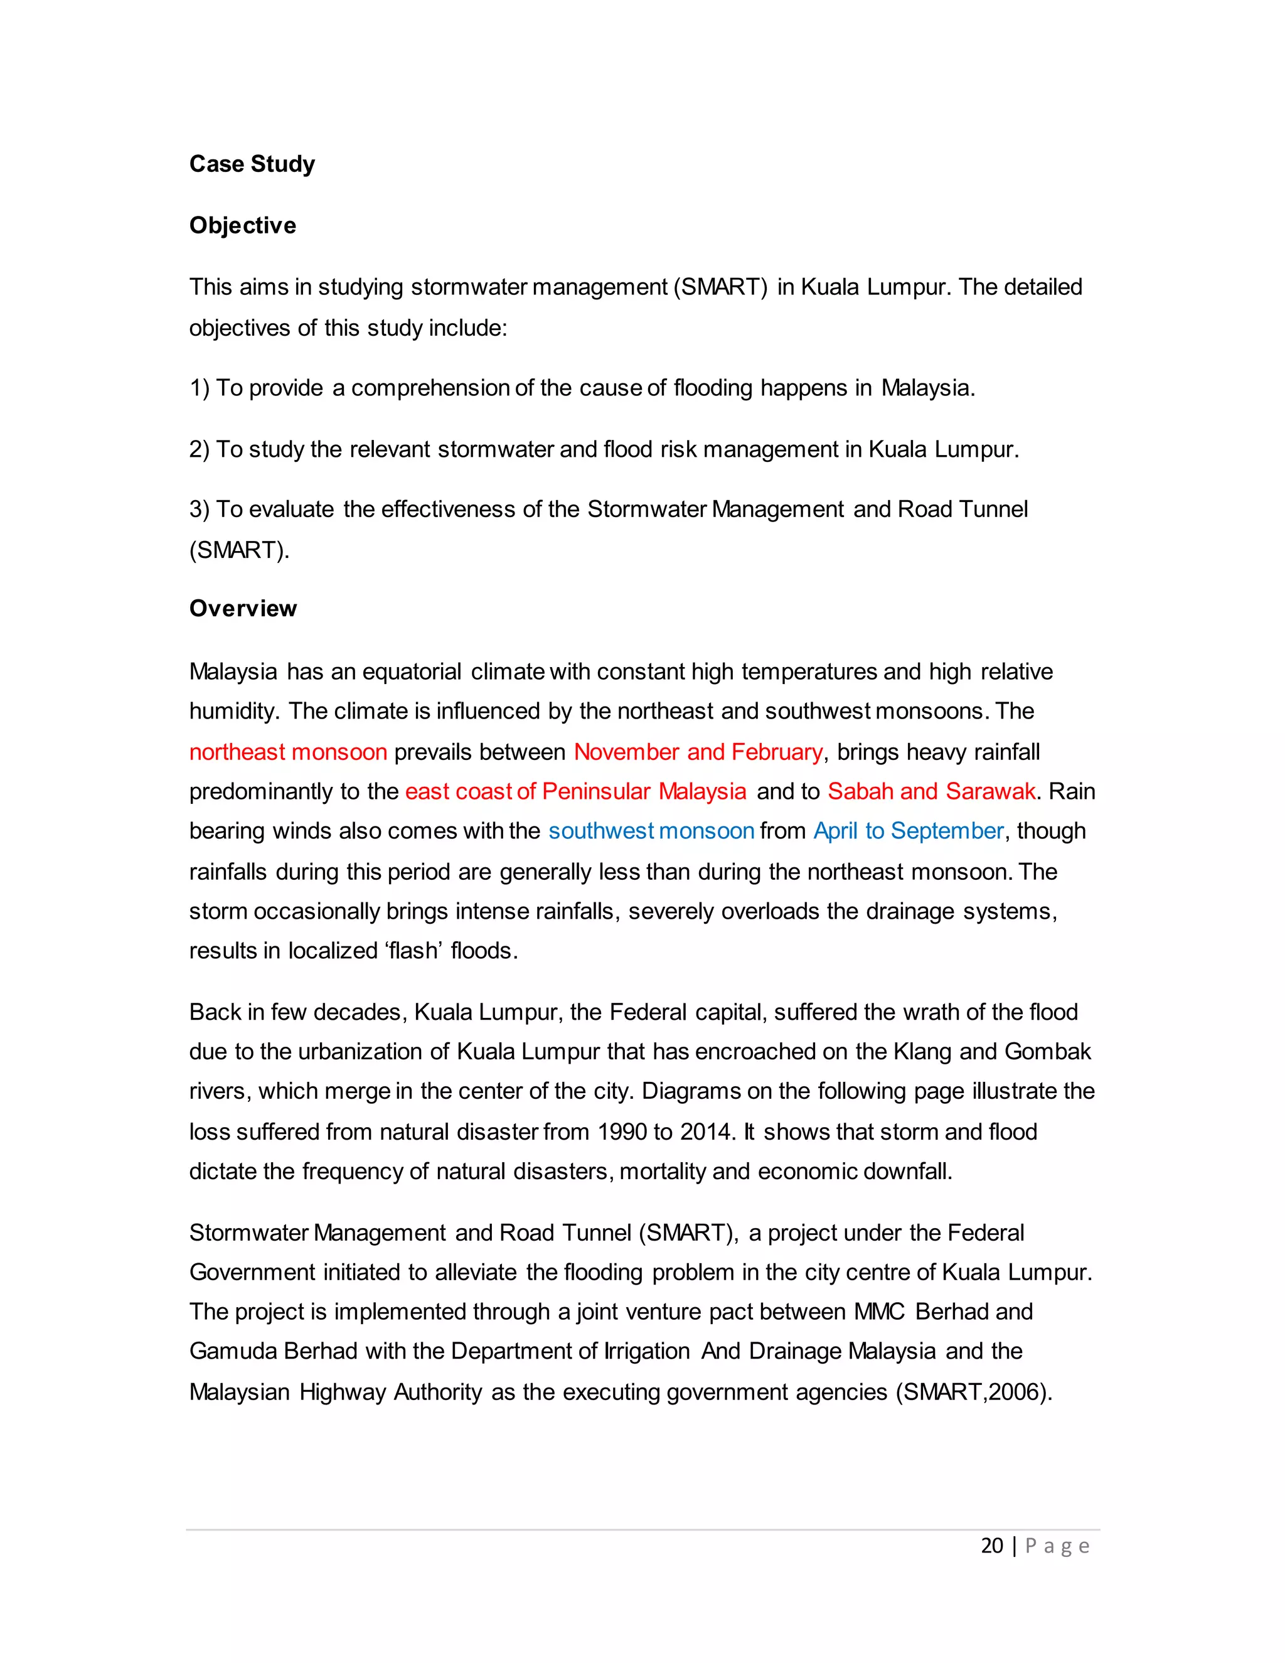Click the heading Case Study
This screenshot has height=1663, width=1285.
coord(252,164)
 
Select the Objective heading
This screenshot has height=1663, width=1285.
coord(242,225)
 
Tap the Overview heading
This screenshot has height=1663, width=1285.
coord(243,608)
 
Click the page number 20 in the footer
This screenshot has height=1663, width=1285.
coord(991,1546)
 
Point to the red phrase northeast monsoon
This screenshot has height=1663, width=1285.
coord(289,752)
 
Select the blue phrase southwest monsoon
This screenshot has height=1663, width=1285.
coord(651,831)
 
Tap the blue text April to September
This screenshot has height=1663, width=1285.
coord(908,831)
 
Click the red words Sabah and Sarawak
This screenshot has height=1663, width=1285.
coord(931,791)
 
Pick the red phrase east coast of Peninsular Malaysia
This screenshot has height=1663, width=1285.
coord(575,791)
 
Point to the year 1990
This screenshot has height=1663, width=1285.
coord(622,1131)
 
